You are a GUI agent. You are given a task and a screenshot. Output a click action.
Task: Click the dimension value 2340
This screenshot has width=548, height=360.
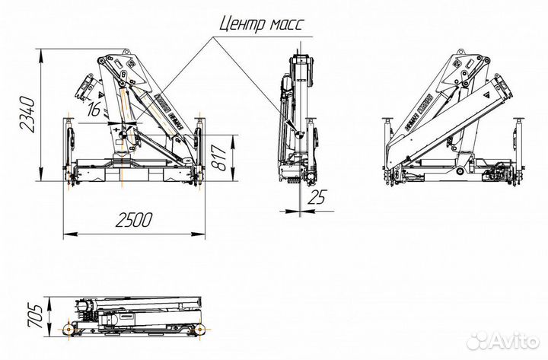28,114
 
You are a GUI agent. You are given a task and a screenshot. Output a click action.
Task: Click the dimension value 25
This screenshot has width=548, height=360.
318,197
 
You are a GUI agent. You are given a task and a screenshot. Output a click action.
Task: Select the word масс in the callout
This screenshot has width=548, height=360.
284,24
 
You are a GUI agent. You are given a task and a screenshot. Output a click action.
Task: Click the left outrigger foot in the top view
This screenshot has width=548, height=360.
69,329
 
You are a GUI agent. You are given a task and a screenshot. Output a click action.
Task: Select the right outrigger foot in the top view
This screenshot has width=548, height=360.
201,329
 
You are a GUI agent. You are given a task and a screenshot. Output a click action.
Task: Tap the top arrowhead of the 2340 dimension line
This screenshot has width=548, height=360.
41,52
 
